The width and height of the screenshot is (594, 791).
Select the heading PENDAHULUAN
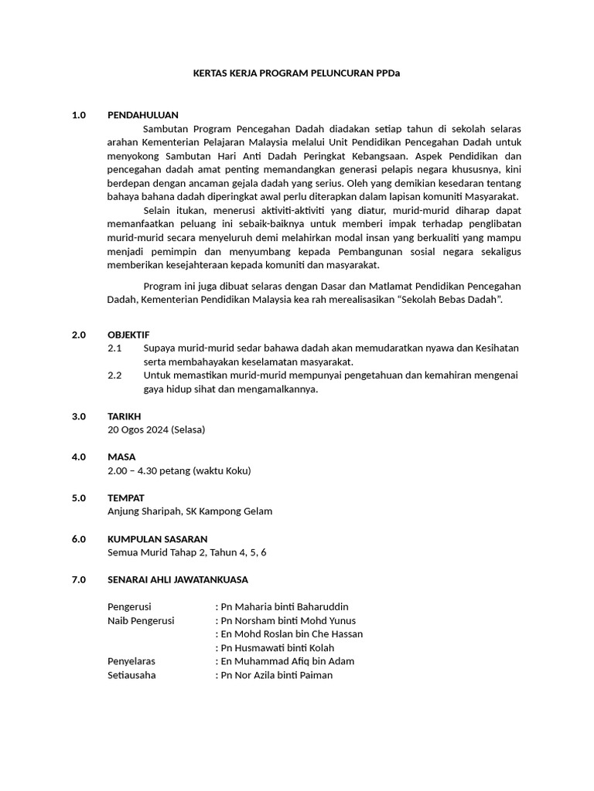(143, 114)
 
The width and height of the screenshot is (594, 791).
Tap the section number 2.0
(78, 334)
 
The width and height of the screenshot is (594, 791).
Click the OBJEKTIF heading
(128, 334)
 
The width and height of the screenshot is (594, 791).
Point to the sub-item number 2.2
(114, 375)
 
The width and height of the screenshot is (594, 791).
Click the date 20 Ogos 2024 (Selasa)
(156, 429)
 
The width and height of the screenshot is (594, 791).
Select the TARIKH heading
(124, 416)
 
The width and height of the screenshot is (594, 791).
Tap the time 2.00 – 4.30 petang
(179, 470)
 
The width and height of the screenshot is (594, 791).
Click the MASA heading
(121, 457)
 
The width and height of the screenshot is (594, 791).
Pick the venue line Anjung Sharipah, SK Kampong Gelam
(189, 511)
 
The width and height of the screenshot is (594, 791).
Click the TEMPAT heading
(125, 498)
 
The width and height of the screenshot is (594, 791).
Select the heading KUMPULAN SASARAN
(157, 539)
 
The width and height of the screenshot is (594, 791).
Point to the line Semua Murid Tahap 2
(186, 552)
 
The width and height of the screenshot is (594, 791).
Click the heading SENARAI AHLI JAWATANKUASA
(178, 579)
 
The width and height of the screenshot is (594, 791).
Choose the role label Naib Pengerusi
(141, 620)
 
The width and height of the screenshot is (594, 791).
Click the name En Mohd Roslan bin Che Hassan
(292, 634)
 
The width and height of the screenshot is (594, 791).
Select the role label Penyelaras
(131, 661)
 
